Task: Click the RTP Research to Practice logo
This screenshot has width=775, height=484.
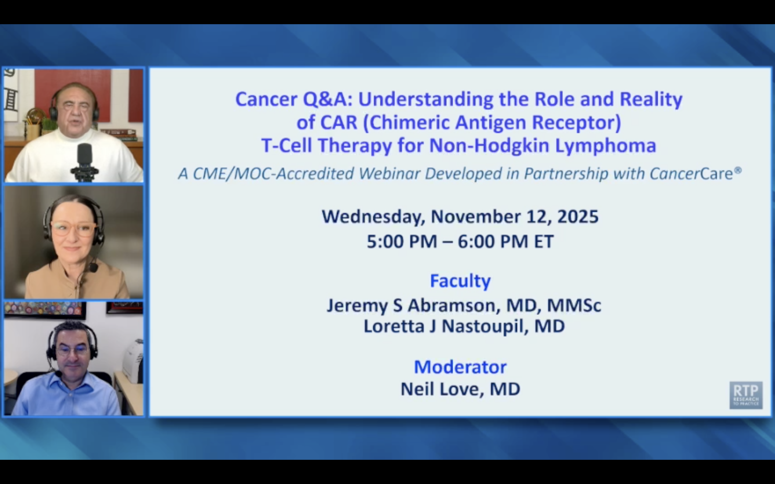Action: coord(746,395)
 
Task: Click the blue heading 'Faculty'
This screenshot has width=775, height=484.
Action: coord(460,281)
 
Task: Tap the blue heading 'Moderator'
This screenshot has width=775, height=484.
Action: coord(460,367)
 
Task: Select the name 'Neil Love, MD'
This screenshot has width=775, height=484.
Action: coord(460,389)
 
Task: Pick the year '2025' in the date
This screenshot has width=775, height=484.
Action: coord(578,217)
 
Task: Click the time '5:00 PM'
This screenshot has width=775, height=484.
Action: coord(401,241)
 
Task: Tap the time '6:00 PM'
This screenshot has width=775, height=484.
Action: coord(492,241)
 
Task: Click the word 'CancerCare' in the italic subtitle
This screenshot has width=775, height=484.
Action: coord(691,174)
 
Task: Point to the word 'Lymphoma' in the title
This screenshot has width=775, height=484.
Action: coord(605,146)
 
